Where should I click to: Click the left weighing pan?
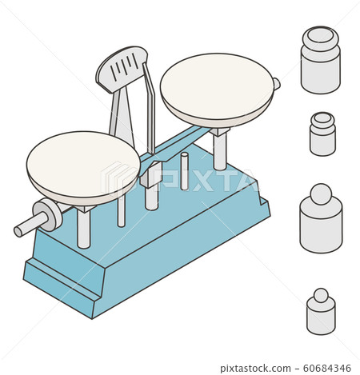(82, 166)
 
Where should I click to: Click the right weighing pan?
(217, 88)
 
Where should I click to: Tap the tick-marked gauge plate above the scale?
(122, 67)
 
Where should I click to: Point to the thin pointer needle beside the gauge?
(150, 104)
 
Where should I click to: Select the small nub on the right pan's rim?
(276, 83)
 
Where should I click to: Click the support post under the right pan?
(219, 150)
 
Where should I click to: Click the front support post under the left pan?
(84, 228)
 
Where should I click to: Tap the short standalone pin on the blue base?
(184, 171)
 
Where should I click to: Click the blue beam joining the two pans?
(180, 142)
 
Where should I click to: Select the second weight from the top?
(322, 134)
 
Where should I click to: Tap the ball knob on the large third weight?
(321, 194)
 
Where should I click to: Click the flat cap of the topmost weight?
(321, 36)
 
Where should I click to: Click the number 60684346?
(327, 368)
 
